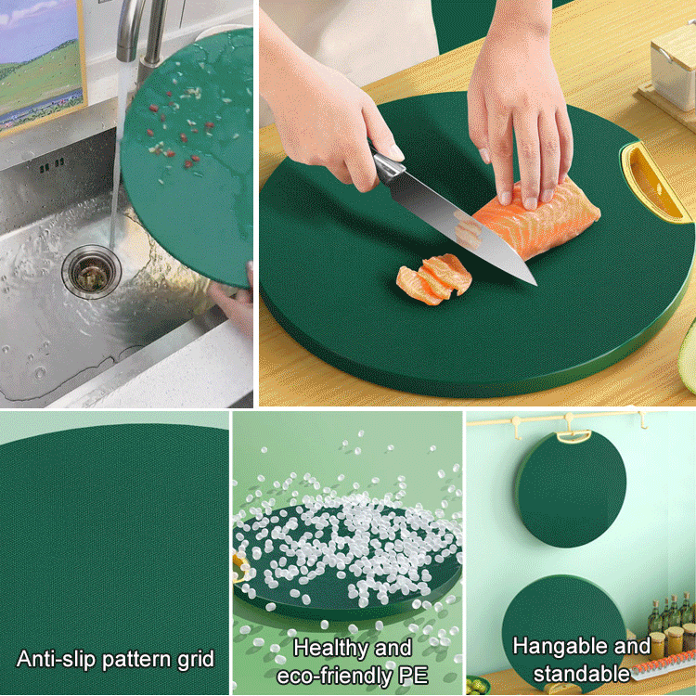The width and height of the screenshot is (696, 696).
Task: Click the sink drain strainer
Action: coord(91,270)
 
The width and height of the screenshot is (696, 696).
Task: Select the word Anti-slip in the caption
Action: coord(55,660)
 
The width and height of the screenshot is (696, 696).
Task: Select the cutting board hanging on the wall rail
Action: coord(572,488)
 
